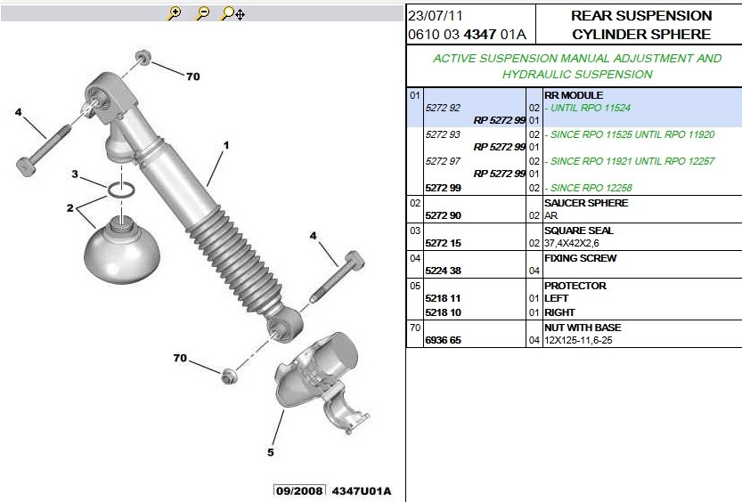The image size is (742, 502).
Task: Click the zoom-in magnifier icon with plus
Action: [175, 13]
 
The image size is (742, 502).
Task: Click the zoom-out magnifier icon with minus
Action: [202, 13]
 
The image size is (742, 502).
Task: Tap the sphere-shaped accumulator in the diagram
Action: [122, 249]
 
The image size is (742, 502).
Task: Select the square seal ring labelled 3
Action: [121, 190]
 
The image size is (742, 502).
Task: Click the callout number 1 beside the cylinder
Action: [226, 145]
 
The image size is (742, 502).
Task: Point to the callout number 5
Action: [271, 452]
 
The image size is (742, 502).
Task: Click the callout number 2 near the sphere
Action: [70, 208]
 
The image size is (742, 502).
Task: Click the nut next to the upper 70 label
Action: [143, 58]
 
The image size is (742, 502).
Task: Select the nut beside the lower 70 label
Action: [230, 376]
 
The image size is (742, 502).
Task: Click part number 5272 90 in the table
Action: [443, 215]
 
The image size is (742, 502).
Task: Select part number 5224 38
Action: [443, 271]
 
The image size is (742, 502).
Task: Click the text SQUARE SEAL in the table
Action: [579, 231]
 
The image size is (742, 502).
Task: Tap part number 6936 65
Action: [443, 340]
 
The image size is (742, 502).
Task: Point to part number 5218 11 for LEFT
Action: [443, 299]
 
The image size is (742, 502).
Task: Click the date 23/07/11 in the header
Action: [436, 16]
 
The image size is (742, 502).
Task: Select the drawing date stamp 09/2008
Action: [299, 491]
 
